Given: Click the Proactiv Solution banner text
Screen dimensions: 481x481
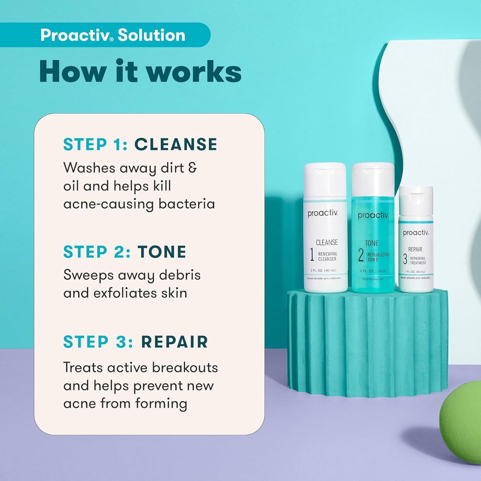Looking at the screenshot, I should click(113, 35).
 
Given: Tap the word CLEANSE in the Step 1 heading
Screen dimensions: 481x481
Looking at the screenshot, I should click(175, 144).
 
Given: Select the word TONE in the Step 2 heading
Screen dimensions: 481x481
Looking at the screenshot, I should click(162, 252).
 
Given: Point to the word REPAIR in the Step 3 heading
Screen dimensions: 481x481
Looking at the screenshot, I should click(174, 342).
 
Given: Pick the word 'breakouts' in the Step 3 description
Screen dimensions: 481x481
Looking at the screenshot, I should click(185, 367).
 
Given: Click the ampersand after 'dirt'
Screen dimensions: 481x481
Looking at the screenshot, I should click(192, 167).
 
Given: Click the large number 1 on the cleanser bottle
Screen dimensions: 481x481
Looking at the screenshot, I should click(312, 255).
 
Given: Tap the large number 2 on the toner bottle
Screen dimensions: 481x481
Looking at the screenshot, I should click(361, 255).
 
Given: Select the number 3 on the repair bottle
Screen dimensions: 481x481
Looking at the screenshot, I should click(405, 259).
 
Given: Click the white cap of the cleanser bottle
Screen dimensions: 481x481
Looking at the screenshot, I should click(325, 180).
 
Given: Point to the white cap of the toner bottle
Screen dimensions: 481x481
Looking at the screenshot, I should click(373, 179).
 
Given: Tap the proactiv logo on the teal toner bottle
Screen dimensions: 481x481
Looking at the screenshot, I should click(373, 215).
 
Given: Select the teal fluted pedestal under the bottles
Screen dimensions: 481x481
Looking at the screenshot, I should click(367, 343).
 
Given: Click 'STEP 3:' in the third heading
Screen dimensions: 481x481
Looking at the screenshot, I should click(98, 342).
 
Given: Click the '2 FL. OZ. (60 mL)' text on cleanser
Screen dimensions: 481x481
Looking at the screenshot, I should click(323, 270).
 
